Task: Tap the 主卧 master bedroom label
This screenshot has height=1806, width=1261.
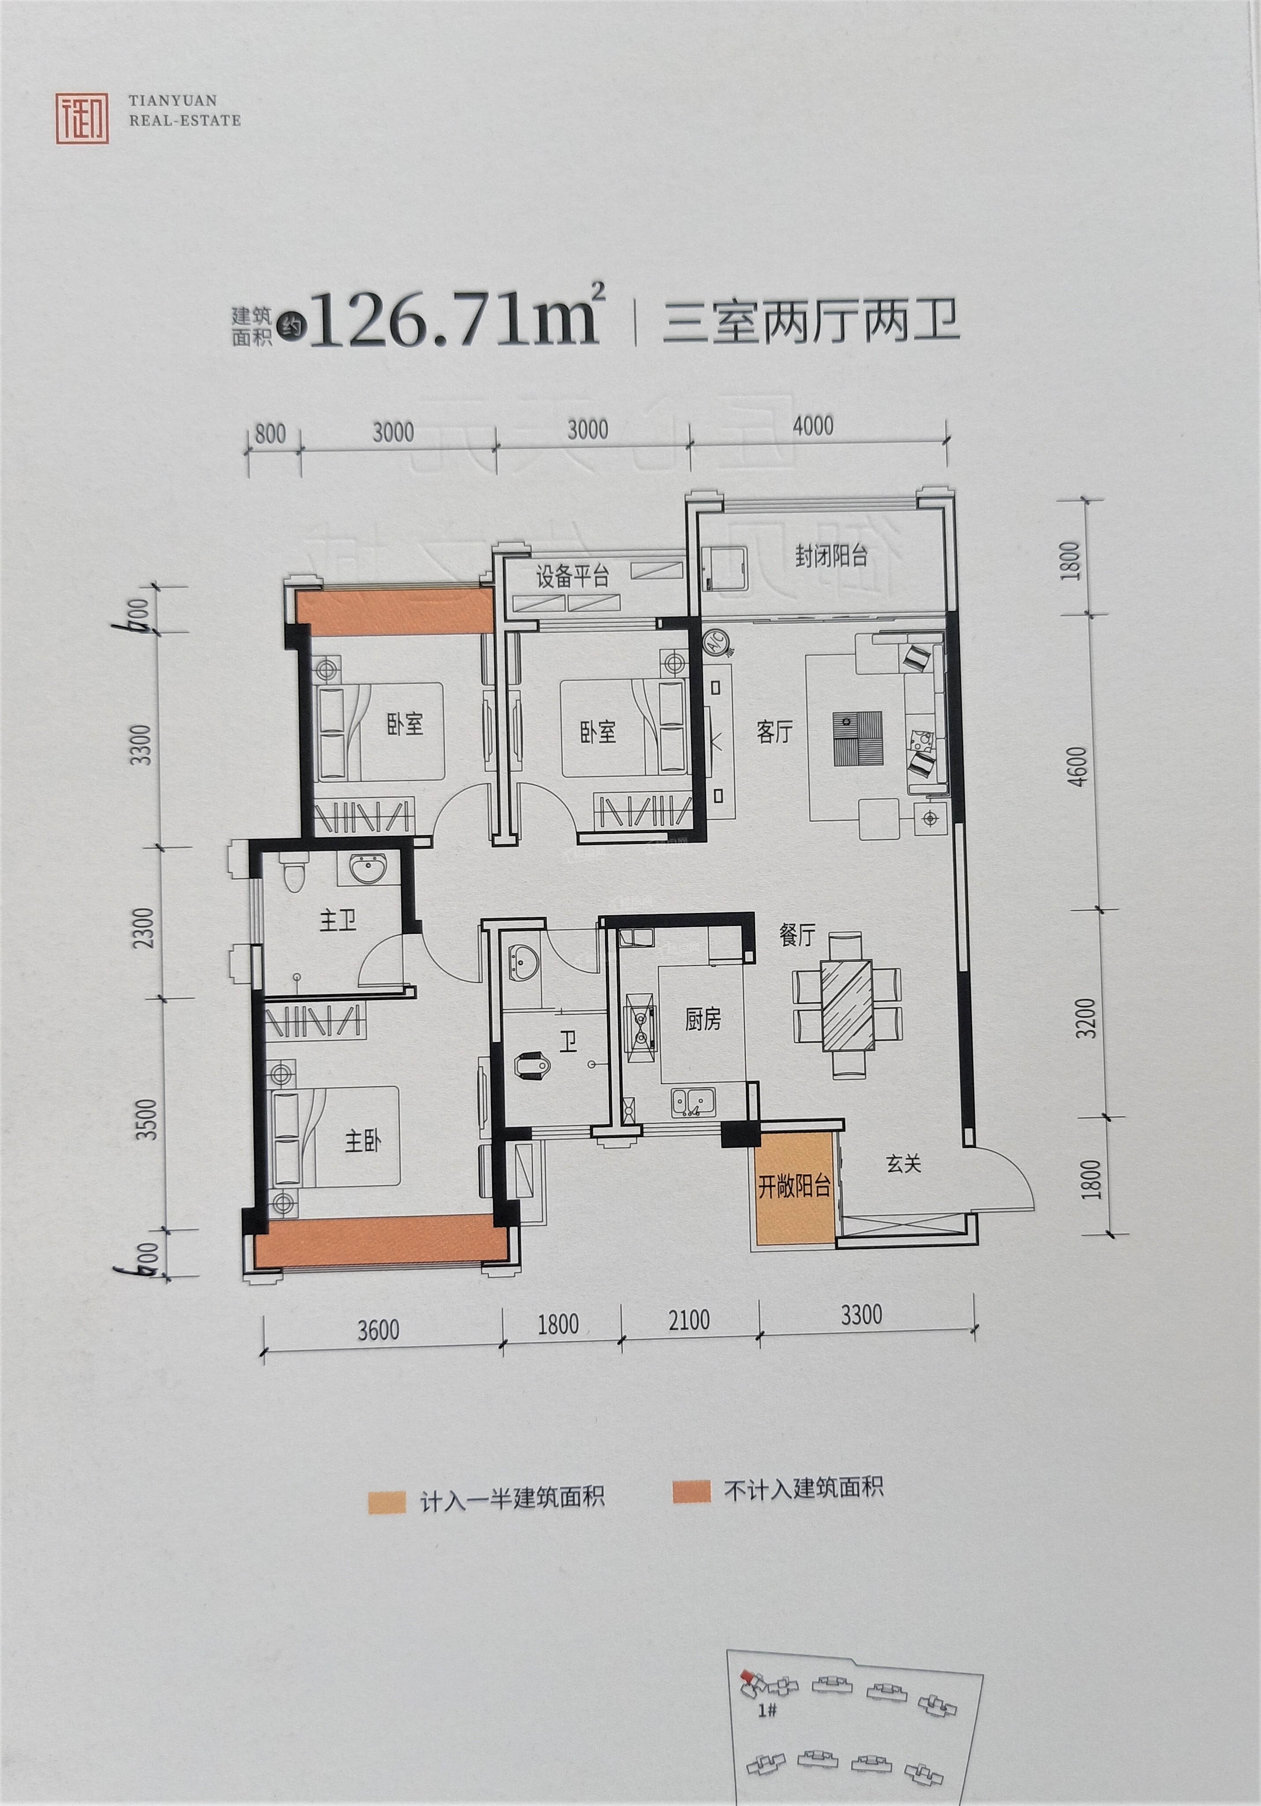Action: point(363,1141)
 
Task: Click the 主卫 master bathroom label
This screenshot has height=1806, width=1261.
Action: point(338,920)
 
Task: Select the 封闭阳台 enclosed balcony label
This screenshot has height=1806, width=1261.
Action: point(831,556)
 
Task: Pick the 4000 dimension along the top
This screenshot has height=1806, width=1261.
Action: point(813,427)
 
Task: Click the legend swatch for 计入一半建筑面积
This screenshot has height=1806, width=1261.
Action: point(386,1500)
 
